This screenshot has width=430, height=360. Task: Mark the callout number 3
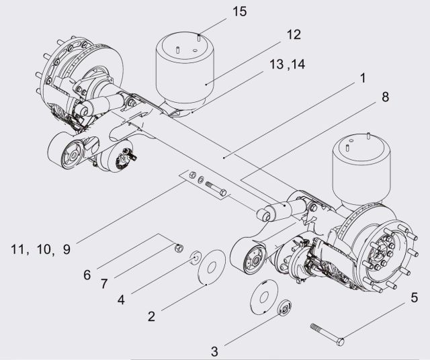214,351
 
